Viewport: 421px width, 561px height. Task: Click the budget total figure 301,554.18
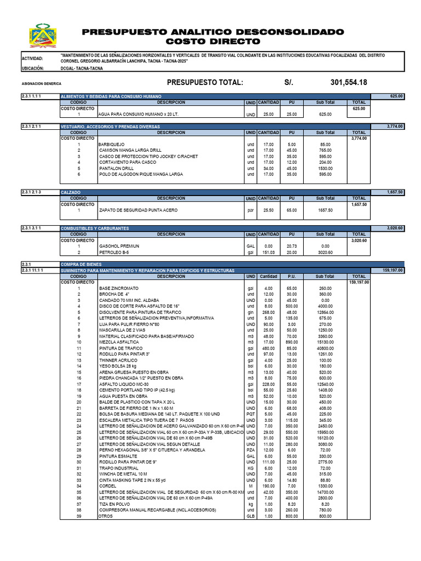[x=349, y=82]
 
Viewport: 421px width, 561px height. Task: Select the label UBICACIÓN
[x=33, y=69]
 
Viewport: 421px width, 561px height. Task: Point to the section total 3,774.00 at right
[x=395, y=127]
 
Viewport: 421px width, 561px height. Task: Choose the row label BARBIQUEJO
[x=111, y=145]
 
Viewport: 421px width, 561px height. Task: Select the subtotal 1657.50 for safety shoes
[x=325, y=210]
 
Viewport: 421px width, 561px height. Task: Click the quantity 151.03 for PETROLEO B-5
[x=269, y=253]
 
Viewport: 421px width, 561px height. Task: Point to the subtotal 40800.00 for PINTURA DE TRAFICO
[x=325, y=348]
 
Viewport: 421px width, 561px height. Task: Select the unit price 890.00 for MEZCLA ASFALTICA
[x=292, y=342]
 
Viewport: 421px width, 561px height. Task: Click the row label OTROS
[x=105, y=516]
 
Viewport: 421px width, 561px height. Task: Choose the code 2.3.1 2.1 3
[x=31, y=192]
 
